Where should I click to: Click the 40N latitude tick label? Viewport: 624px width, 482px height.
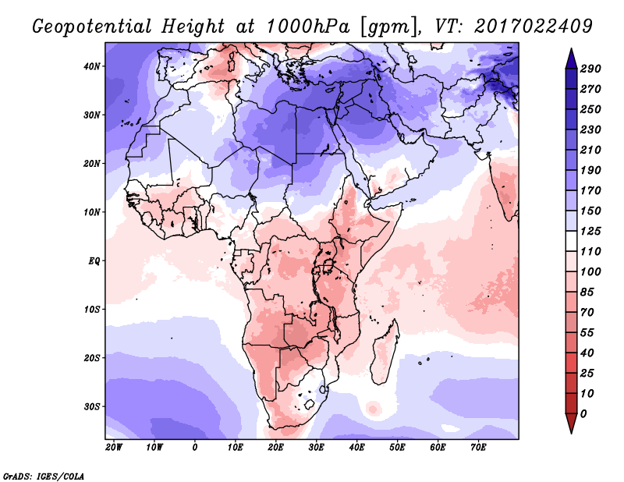(91, 66)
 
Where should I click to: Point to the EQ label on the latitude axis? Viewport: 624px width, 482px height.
(94, 260)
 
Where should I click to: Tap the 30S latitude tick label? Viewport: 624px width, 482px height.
(91, 406)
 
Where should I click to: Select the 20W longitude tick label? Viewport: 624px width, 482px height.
(114, 448)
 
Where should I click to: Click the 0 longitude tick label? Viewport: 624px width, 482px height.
(195, 448)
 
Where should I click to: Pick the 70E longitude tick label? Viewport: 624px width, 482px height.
(479, 448)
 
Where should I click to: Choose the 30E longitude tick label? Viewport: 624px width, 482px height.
(317, 448)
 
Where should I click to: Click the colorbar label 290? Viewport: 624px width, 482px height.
(590, 69)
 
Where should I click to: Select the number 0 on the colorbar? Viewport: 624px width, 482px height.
(584, 413)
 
